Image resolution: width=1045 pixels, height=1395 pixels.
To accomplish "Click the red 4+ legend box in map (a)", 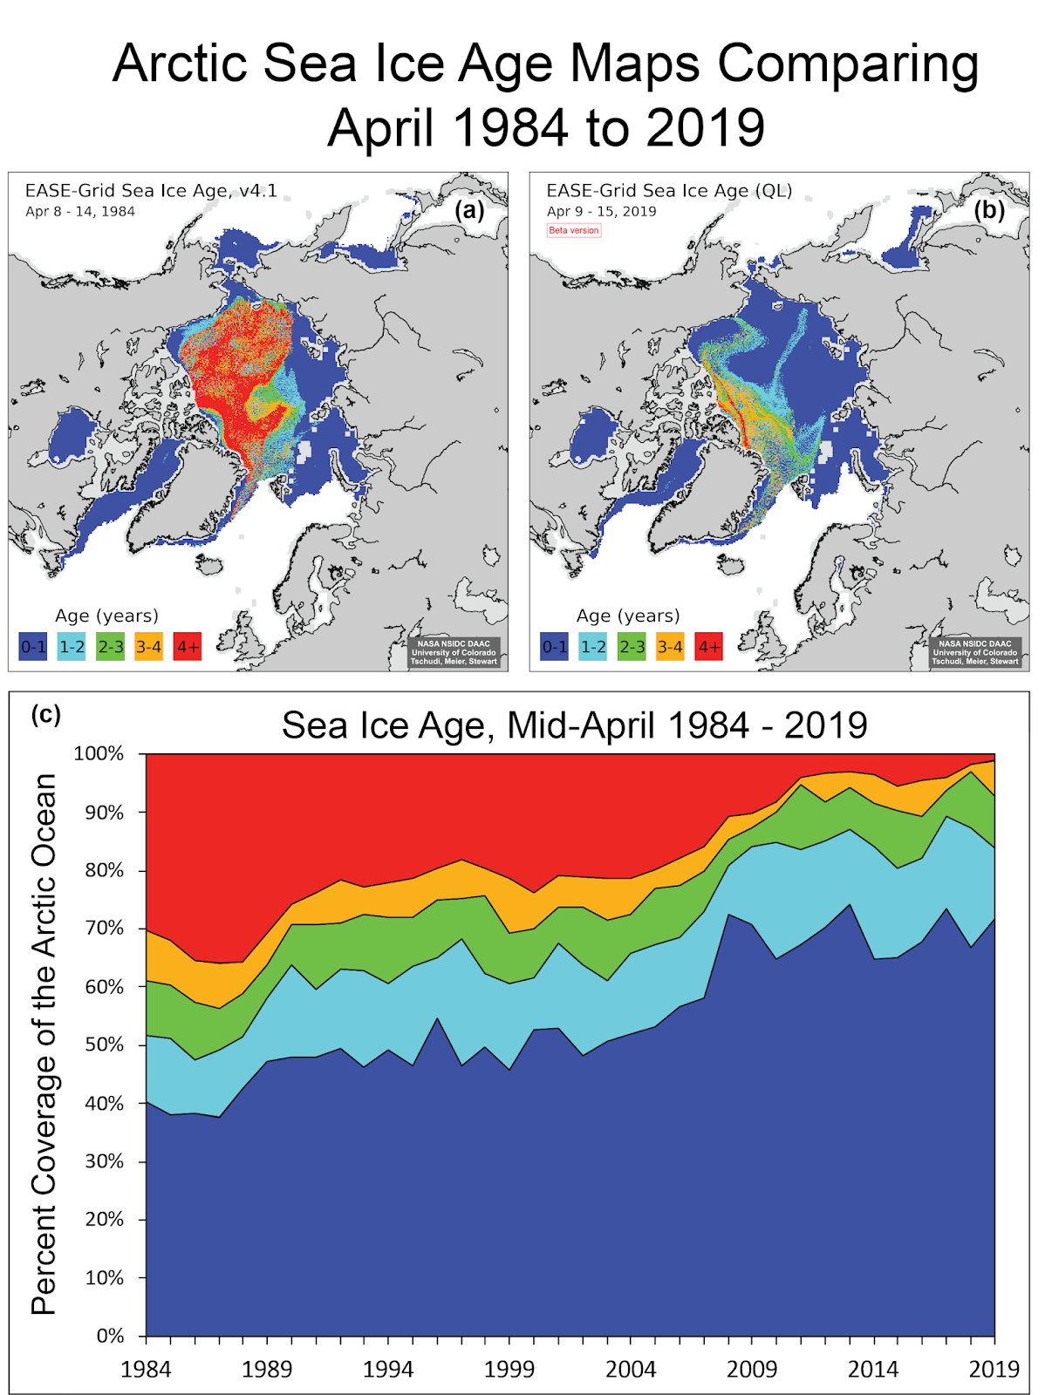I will [x=188, y=647].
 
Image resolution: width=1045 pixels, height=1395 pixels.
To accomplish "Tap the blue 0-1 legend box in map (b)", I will [x=555, y=647].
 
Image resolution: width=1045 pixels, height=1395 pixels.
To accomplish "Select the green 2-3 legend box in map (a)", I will [x=111, y=647].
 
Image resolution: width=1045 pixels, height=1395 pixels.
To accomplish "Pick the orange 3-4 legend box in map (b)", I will [x=670, y=647].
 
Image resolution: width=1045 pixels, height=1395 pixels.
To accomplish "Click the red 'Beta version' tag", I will [x=574, y=230].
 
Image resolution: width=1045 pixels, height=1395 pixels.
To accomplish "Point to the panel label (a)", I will [x=469, y=210].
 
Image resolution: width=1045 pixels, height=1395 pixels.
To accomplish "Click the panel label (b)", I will [x=989, y=210].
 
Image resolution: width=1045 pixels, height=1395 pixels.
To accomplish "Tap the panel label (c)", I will [x=45, y=714].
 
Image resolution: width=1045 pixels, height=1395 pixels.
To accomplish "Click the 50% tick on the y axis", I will [x=105, y=1045].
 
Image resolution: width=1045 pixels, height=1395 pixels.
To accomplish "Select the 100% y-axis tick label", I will [x=99, y=753].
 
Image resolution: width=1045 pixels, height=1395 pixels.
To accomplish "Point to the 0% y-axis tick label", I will [x=110, y=1336].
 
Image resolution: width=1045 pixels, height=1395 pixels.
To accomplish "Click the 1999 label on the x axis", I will [x=509, y=1369].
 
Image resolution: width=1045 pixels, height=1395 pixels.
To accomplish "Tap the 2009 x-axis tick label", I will [x=752, y=1369].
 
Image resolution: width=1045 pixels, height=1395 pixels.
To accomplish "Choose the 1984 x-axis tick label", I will [x=146, y=1369].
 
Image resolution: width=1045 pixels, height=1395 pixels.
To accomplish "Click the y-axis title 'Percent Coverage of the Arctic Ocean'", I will [x=44, y=1045].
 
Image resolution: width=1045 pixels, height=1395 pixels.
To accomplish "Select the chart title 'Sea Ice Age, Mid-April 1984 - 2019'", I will [x=574, y=725].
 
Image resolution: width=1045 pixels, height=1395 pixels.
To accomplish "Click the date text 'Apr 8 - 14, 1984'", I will [x=80, y=211].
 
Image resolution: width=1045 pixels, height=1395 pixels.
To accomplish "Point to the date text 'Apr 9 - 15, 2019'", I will [x=601, y=211].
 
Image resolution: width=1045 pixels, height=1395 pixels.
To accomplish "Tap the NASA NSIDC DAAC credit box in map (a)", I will [x=454, y=652].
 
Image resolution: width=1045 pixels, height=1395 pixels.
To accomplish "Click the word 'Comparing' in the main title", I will [x=847, y=65].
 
